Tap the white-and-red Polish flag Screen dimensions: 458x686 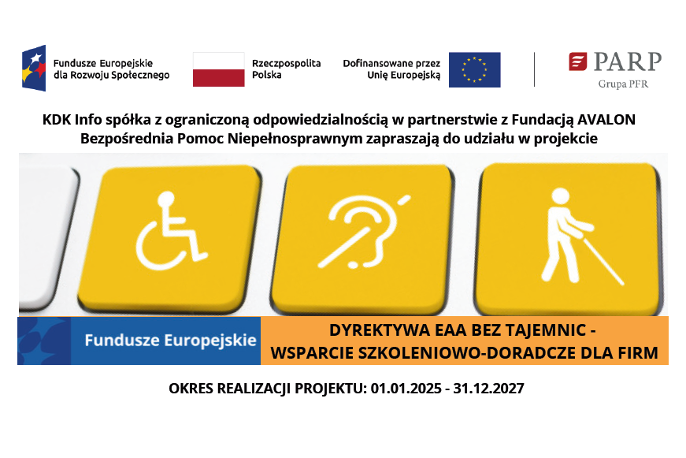coord(218,69)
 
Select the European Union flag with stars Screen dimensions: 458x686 coord(474,69)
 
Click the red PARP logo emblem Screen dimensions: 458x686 coord(577,61)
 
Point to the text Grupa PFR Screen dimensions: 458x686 coord(623,84)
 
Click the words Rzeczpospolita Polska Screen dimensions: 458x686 coord(286,69)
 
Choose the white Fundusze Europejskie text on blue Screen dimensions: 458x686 coord(170,341)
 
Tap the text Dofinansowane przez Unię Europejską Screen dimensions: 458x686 coord(391,69)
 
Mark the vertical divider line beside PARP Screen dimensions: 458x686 coord(535,69)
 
